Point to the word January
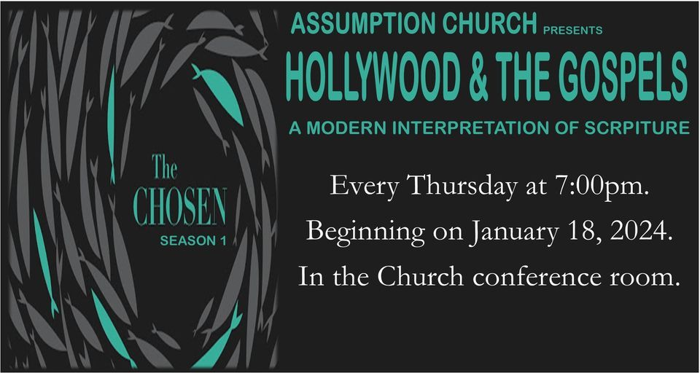coord(513,231)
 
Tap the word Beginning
coord(366,231)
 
